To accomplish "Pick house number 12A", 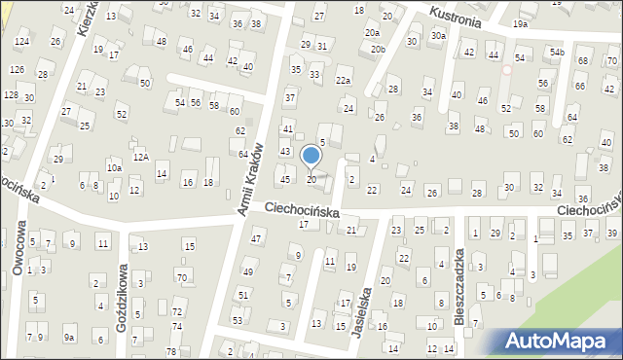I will (141, 157).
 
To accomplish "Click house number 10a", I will (114, 167).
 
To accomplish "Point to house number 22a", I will (343, 81).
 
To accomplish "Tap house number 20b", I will (377, 49).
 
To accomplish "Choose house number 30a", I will (439, 36).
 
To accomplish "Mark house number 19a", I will (521, 23).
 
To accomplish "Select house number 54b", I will (556, 52).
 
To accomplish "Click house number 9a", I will (69, 338).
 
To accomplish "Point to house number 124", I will (21, 43).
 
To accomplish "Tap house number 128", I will (11, 95).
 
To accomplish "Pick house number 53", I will (238, 320).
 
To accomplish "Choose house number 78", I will (171, 351).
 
